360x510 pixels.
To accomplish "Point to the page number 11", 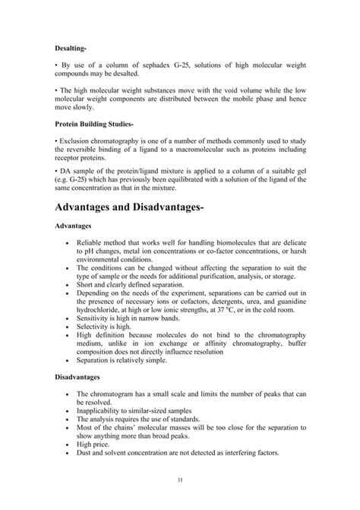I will coord(180,480).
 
